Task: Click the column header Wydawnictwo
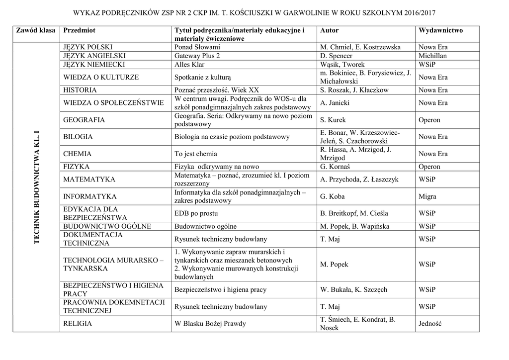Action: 440,30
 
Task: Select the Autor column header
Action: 330,30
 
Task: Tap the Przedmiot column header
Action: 79,30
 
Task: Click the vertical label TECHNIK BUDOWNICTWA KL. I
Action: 36,188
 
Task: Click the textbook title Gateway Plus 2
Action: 197,56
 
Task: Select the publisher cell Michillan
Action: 432,56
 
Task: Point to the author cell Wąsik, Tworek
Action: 342,64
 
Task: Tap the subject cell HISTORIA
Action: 80,90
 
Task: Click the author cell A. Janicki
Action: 335,103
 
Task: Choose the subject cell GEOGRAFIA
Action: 84,120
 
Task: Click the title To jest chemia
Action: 196,154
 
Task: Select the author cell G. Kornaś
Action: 336,167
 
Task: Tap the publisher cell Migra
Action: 427,196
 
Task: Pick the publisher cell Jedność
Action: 430,324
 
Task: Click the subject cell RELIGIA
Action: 78,324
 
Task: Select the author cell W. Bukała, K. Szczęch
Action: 354,289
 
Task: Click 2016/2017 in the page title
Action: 416,11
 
